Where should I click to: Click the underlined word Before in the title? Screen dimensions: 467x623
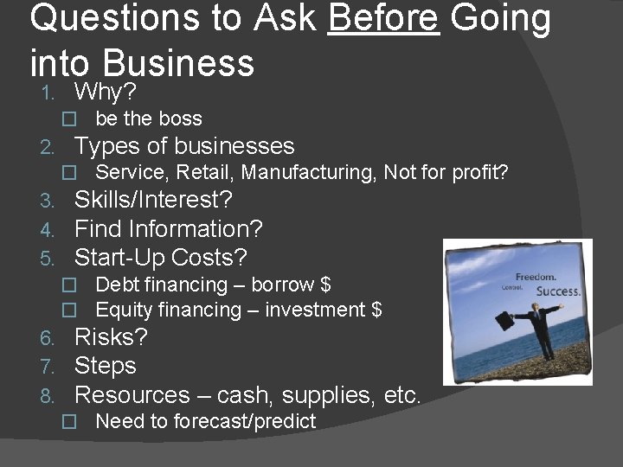pos(383,19)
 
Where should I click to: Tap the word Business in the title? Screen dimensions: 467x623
pos(178,63)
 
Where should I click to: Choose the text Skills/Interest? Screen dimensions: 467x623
pos(153,200)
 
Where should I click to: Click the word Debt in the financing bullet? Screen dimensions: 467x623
pos(116,285)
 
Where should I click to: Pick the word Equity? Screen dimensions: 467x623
pos(122,310)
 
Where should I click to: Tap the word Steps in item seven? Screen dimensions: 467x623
pos(106,366)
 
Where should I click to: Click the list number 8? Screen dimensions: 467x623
pos(48,396)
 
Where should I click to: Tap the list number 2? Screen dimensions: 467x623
pos(48,147)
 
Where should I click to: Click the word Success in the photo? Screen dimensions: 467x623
pos(559,291)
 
